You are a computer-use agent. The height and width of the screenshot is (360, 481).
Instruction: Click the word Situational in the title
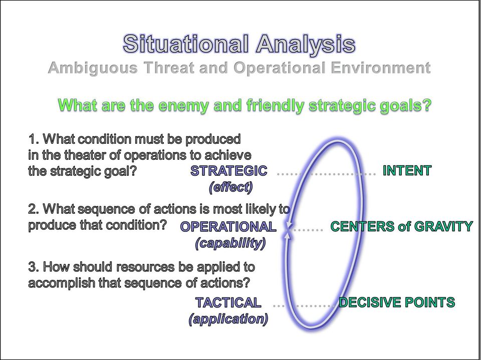[185, 44]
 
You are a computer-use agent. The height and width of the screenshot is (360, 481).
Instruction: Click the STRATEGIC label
[228, 171]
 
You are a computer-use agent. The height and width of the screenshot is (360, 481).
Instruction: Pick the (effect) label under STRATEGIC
[230, 187]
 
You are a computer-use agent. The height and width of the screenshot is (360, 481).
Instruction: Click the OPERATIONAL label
[228, 227]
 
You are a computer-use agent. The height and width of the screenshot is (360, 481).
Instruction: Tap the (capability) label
[230, 243]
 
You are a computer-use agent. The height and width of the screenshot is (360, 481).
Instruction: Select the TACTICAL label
[228, 302]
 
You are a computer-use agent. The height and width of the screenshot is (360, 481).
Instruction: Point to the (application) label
[228, 319]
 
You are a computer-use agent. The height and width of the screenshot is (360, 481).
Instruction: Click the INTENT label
[407, 171]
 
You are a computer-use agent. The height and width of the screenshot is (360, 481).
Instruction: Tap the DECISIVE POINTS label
[397, 302]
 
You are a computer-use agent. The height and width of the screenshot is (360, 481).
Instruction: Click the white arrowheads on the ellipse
[288, 230]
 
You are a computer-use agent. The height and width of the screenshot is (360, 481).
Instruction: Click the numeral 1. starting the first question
[34, 139]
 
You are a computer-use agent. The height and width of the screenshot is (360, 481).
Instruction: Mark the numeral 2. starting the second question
[34, 209]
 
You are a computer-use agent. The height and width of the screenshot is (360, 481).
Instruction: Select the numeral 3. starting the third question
[34, 267]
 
